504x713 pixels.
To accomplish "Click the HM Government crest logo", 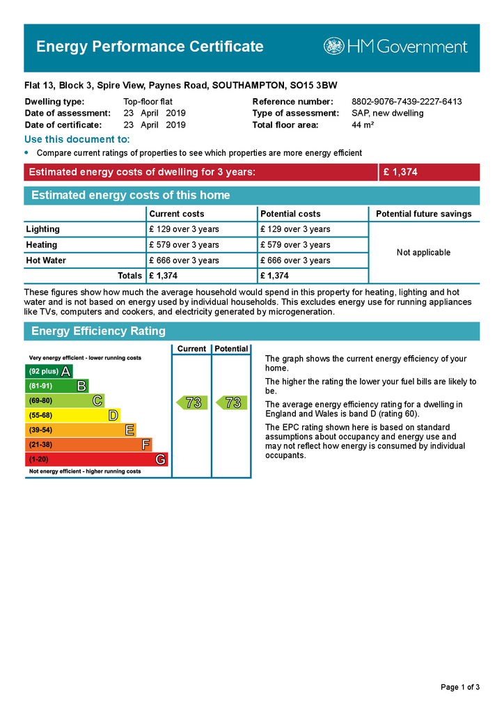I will pyautogui.click(x=333, y=47).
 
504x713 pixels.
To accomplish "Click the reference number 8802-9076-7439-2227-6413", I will pyautogui.click(x=407, y=102).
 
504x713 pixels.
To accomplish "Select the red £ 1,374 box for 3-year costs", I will pyautogui.click(x=429, y=172).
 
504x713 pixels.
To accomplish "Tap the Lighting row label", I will pyautogui.click(x=43, y=229).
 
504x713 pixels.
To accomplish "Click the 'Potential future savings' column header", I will pyautogui.click(x=423, y=214).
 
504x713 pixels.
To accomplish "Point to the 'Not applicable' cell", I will pyautogui.click(x=423, y=252).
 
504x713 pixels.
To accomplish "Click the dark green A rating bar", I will pyautogui.click(x=49, y=371).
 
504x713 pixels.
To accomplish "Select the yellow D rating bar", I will pyautogui.click(x=72, y=415).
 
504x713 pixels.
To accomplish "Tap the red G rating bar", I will pyautogui.click(x=96, y=460).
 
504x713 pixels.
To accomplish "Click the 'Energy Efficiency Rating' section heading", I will pyautogui.click(x=98, y=331).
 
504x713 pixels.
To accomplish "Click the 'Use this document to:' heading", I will pyautogui.click(x=77, y=140).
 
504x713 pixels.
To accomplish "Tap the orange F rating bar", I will pyautogui.click(x=88, y=444).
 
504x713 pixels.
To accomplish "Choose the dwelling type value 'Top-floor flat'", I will pyautogui.click(x=148, y=102).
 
